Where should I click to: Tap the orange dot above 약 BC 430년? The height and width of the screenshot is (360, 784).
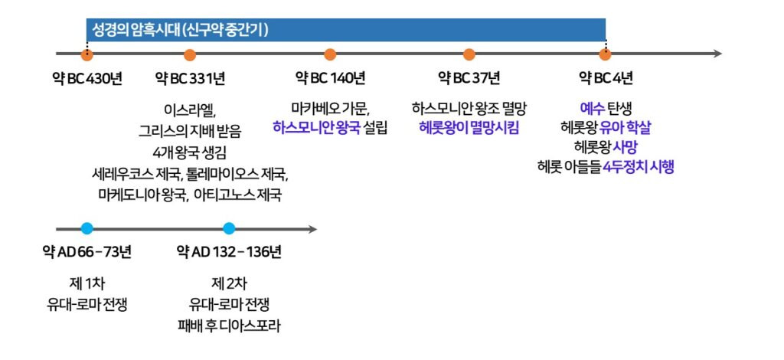click(87, 54)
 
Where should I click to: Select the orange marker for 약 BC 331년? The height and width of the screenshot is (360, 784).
click(190, 54)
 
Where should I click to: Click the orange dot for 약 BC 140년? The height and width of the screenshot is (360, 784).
click(330, 54)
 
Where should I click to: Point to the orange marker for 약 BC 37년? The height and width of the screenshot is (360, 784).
click(469, 54)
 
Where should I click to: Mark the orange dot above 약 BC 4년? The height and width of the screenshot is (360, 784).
click(605, 54)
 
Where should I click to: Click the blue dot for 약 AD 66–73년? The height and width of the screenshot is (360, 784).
click(87, 228)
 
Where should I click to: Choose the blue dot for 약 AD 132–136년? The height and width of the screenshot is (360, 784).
click(229, 228)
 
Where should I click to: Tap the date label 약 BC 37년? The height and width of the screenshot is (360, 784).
click(469, 79)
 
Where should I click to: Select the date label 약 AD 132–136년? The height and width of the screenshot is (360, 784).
click(229, 252)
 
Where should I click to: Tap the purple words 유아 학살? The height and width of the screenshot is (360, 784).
click(626, 127)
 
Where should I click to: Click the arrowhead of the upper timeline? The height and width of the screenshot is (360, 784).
click(717, 54)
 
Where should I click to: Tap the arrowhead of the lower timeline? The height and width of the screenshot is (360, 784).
click(312, 228)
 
